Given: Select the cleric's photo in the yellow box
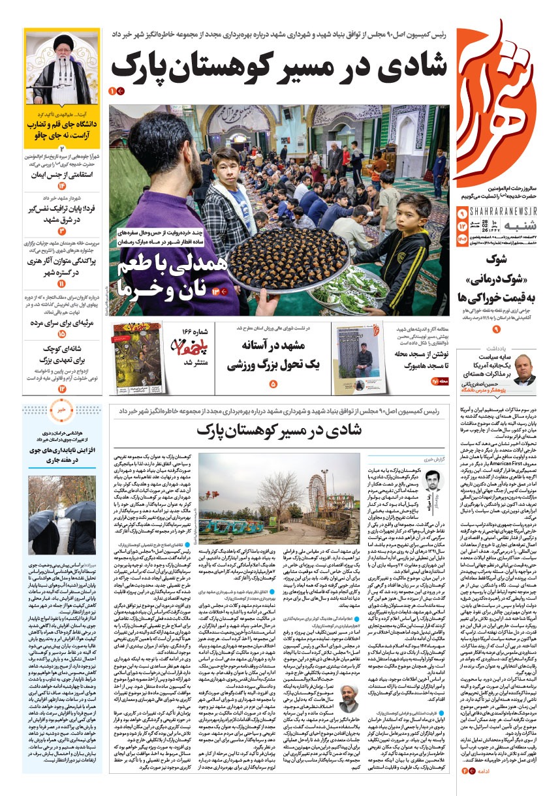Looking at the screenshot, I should click(x=62, y=72).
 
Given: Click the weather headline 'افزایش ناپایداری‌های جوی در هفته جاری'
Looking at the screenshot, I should click(x=62, y=454).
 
